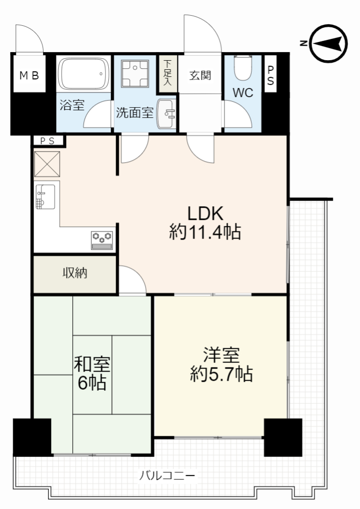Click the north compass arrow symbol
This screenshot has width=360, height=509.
[x=328, y=43]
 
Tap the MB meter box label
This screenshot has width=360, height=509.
[x=29, y=76]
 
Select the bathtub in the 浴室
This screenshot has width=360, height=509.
[x=84, y=74]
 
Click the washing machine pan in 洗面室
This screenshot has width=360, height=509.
[x=134, y=73]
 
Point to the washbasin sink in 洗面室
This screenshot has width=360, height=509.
[x=165, y=114]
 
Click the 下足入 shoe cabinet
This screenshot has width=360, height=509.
[x=167, y=73]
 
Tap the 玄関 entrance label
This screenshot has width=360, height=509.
[x=200, y=75]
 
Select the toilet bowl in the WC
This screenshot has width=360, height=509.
[x=243, y=67]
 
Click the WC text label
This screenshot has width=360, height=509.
[x=243, y=93]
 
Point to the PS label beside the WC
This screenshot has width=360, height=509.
[x=271, y=75]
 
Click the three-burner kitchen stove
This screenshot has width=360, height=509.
[x=102, y=240]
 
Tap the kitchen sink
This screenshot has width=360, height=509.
[x=46, y=197]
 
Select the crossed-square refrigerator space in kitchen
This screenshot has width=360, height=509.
[x=47, y=164]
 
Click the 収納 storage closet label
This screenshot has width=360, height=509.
[x=75, y=273]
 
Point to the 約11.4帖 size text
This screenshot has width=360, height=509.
[x=205, y=232]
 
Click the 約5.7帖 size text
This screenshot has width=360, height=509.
[x=221, y=374]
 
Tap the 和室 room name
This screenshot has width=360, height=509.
[x=92, y=364]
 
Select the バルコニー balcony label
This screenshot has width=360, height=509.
[x=167, y=476]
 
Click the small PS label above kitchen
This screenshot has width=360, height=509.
[x=48, y=141]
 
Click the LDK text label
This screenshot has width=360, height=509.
[x=205, y=214]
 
